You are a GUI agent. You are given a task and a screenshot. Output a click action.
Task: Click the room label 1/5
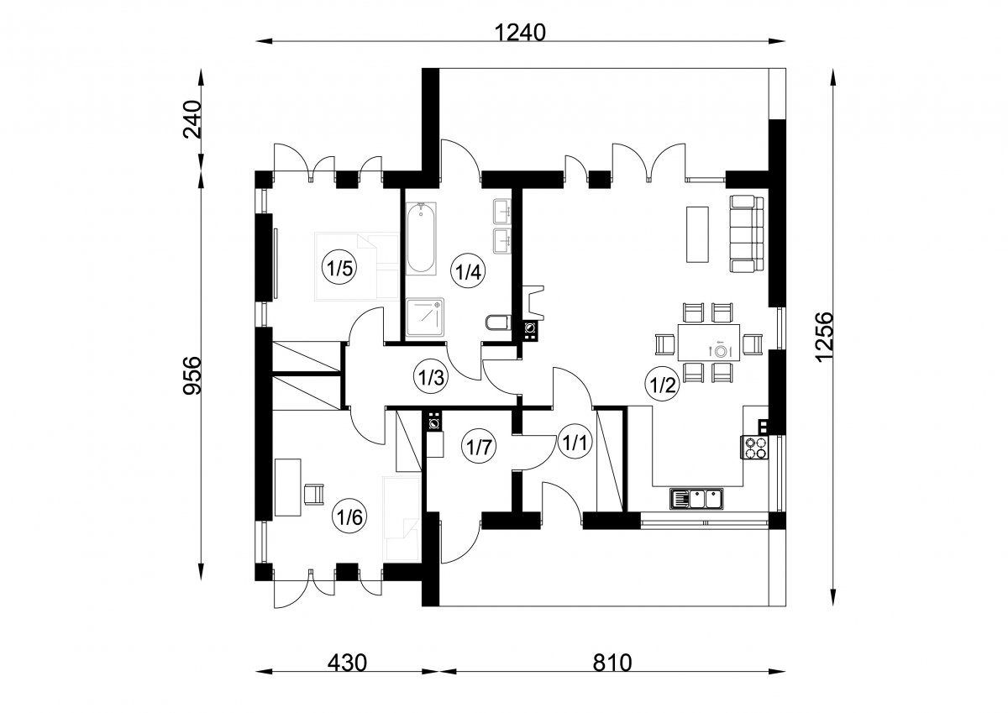[339, 269]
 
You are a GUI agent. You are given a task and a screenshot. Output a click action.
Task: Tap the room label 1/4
[469, 272]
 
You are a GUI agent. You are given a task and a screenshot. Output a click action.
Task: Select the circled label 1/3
[431, 377]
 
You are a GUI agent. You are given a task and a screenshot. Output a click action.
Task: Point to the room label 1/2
[663, 385]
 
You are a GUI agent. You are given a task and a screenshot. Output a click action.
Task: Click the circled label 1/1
[575, 443]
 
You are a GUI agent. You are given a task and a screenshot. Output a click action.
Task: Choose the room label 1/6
[349, 517]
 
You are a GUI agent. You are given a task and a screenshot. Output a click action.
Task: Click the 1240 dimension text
[520, 33]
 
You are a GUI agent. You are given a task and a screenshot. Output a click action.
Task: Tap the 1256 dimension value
[824, 337]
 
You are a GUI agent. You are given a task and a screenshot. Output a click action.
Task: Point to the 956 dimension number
[192, 375]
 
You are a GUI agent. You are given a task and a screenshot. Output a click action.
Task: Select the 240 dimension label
[192, 119]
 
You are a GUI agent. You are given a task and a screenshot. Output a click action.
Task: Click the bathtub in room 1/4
[421, 239]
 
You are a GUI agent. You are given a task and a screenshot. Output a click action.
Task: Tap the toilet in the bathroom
[499, 323]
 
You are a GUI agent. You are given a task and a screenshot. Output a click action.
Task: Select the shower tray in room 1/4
[425, 317]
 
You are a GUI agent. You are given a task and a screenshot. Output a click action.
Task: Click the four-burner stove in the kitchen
[754, 448]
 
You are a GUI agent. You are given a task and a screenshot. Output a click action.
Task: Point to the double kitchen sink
[696, 499]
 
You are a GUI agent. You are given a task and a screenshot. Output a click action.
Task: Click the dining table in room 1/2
[709, 343]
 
